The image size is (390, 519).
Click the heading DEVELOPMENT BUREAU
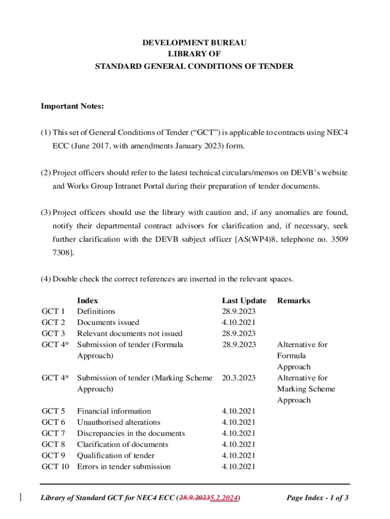(x=194, y=43)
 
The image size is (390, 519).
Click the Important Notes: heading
(x=72, y=106)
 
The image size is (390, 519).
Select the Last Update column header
(x=244, y=301)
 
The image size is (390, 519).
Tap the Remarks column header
(x=293, y=301)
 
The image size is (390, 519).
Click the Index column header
(x=87, y=301)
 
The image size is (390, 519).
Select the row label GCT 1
(x=53, y=312)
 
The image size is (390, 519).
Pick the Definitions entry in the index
(x=96, y=312)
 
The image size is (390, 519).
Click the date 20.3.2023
(x=239, y=378)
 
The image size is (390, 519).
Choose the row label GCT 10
(x=55, y=467)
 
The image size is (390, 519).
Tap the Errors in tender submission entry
(x=124, y=467)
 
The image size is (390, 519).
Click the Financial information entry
(x=113, y=411)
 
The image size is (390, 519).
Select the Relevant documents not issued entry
(x=129, y=333)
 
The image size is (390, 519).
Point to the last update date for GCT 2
(x=239, y=323)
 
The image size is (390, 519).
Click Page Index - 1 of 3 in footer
(x=317, y=498)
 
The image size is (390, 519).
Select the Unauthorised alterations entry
(x=118, y=422)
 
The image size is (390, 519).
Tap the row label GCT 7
(x=53, y=433)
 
